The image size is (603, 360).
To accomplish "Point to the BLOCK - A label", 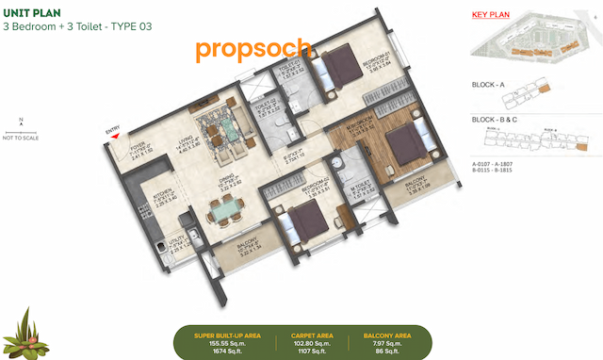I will coord(489,85).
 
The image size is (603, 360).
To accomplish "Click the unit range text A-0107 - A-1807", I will coord(492,164).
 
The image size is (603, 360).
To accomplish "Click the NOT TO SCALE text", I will coord(21,138).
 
